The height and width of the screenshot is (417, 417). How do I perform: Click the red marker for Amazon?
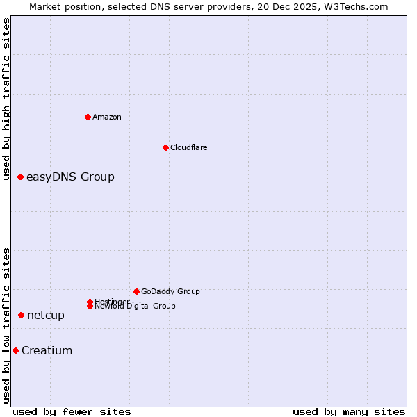pyautogui.click(x=88, y=117)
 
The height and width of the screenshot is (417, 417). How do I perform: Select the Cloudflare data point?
pyautogui.click(x=165, y=147)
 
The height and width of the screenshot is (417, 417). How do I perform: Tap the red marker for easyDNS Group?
pyautogui.click(x=21, y=177)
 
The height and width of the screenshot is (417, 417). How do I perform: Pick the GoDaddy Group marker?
pyautogui.click(x=136, y=291)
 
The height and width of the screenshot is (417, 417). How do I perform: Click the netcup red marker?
pyautogui.click(x=22, y=316)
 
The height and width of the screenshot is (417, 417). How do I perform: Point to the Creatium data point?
pyautogui.click(x=15, y=350)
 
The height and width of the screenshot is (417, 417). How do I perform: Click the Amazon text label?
pyautogui.click(x=107, y=117)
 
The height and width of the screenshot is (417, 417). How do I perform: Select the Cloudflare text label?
pyautogui.click(x=189, y=147)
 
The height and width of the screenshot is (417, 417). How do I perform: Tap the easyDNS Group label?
pyautogui.click(x=70, y=177)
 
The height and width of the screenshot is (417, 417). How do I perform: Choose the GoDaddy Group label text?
pyautogui.click(x=170, y=291)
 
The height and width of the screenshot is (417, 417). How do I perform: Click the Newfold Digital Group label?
pyautogui.click(x=135, y=306)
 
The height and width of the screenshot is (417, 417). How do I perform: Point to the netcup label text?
pyautogui.click(x=46, y=316)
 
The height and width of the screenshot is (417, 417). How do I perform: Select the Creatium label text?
pyautogui.click(x=47, y=350)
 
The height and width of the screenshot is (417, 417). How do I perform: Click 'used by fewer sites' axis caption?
pyautogui.click(x=72, y=411)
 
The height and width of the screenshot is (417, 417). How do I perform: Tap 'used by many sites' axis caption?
pyautogui.click(x=349, y=411)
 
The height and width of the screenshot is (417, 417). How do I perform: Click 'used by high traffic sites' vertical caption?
pyautogui.click(x=7, y=99)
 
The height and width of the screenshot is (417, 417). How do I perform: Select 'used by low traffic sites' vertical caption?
pyautogui.click(x=7, y=325)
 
